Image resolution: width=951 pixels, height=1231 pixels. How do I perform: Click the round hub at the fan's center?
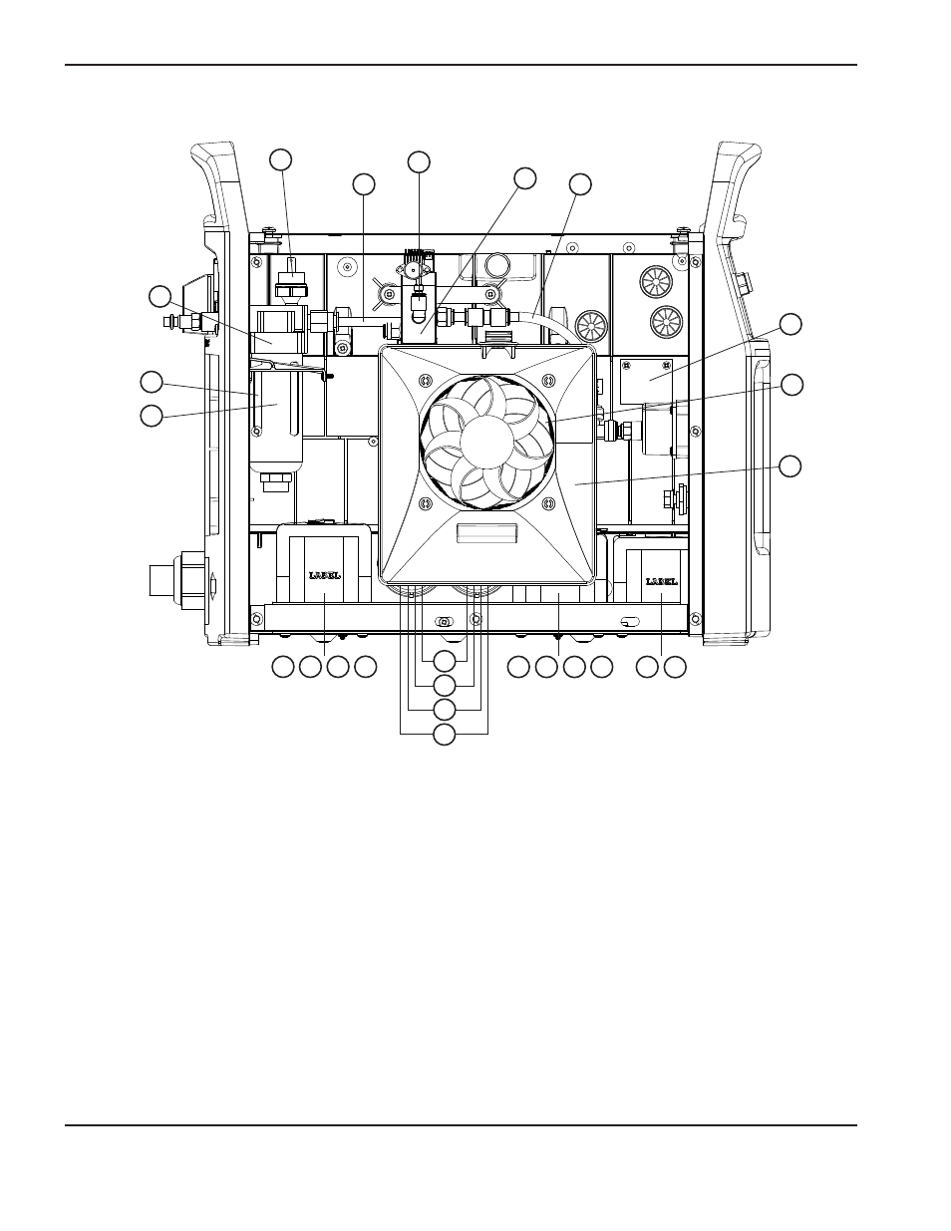486,443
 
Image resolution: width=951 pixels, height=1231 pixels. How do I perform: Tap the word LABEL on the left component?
325,575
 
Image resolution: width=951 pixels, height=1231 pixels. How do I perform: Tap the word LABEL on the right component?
662,581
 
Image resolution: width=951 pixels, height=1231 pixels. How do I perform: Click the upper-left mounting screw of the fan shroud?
425,380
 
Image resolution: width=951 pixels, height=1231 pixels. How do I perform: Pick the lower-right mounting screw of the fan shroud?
547,502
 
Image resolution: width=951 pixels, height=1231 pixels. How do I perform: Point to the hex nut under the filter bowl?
276,483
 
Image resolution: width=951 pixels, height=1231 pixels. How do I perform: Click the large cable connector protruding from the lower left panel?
178,581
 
